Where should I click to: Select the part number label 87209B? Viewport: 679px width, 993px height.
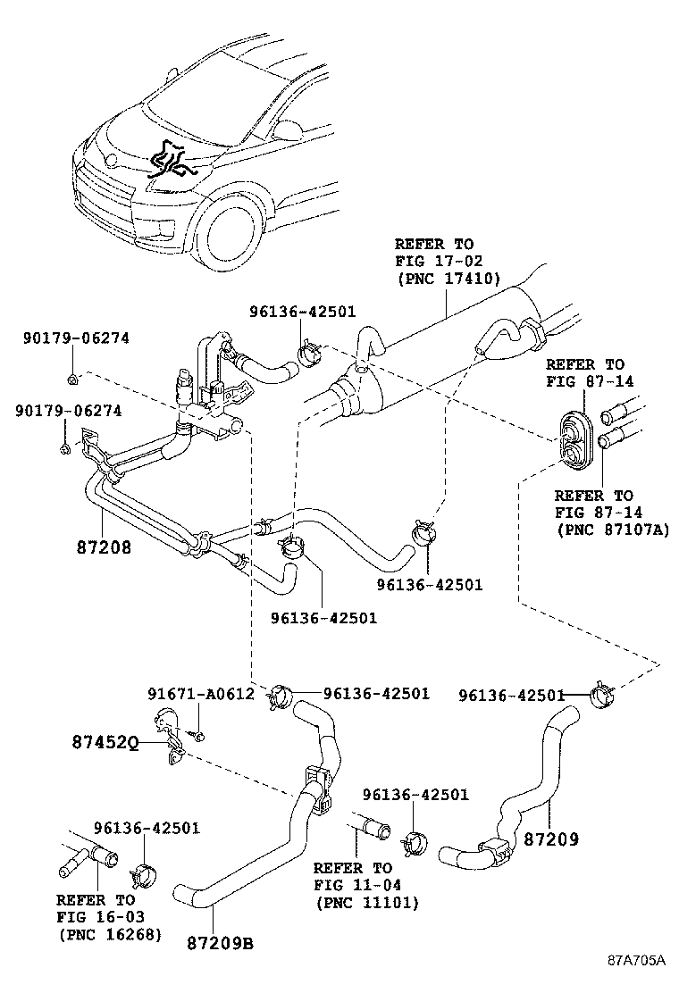click(x=219, y=942)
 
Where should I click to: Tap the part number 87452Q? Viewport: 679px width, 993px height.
click(x=104, y=742)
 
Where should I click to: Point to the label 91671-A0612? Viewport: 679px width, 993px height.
click(x=201, y=694)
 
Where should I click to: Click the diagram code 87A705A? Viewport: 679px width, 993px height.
click(x=637, y=960)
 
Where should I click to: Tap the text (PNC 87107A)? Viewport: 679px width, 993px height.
click(x=616, y=530)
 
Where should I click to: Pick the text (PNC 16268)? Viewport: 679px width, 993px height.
click(x=110, y=934)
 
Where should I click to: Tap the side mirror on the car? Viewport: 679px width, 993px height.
click(x=288, y=130)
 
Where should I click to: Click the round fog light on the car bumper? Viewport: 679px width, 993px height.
click(x=168, y=237)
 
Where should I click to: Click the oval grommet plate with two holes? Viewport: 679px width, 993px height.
click(x=573, y=440)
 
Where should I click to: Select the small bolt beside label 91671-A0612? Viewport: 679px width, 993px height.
click(x=199, y=735)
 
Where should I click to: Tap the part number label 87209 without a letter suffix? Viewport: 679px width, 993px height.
click(x=550, y=839)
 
